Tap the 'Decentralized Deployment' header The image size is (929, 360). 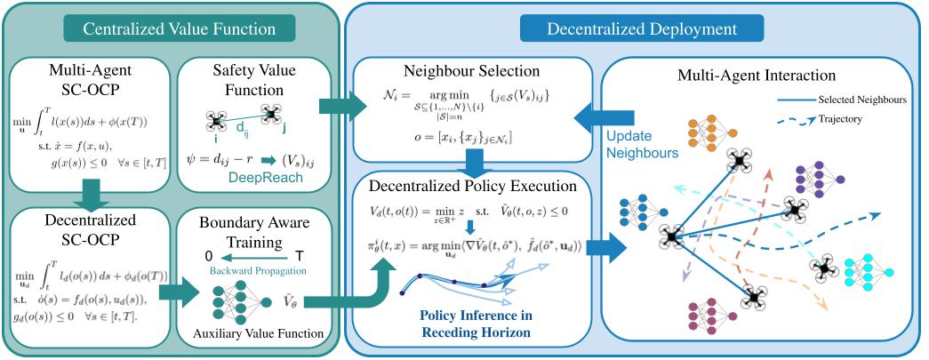641,28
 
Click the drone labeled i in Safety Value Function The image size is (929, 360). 214,121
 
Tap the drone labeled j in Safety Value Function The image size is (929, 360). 271,113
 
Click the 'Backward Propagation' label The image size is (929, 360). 250,269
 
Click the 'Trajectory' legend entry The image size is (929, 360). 844,117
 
